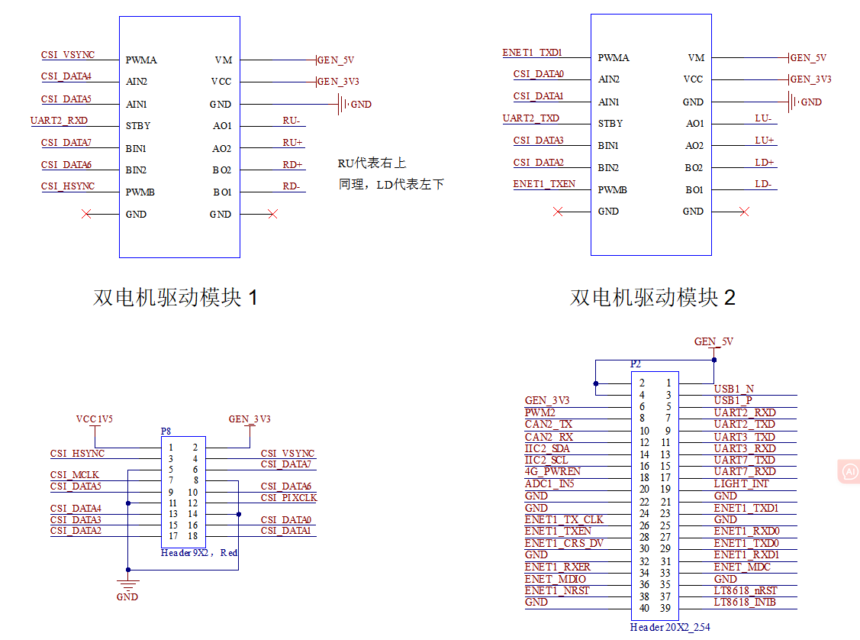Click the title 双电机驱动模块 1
click(x=175, y=297)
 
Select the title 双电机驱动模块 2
click(x=652, y=297)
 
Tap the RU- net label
click(x=292, y=121)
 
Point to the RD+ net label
click(x=293, y=165)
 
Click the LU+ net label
click(x=765, y=141)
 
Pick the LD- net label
click(x=764, y=185)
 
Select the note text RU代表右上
click(x=372, y=163)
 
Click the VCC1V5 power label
click(x=95, y=419)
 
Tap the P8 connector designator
click(x=166, y=432)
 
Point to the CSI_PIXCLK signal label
click(x=288, y=498)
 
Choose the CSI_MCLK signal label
click(x=75, y=475)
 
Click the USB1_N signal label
click(x=734, y=389)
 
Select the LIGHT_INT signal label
click(x=742, y=484)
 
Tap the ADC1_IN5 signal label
click(x=549, y=484)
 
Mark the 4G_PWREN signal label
click(x=552, y=472)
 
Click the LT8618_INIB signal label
click(x=745, y=603)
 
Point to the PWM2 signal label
click(x=540, y=412)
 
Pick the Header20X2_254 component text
click(x=670, y=627)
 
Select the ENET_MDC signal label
click(x=742, y=567)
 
